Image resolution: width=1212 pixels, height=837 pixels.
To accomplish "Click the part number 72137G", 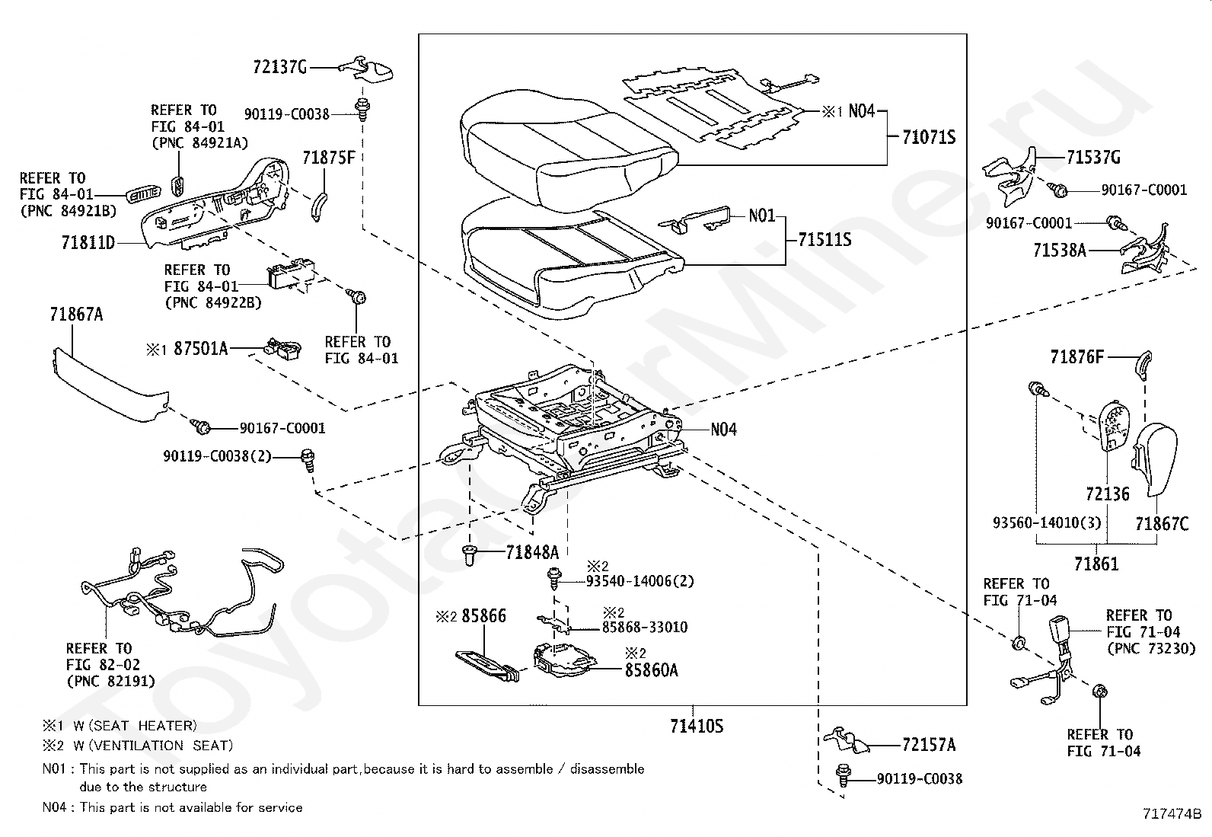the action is (x=279, y=66).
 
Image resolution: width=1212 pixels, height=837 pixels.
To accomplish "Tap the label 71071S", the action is (x=929, y=138).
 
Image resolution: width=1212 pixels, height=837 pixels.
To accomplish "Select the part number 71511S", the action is (x=824, y=239).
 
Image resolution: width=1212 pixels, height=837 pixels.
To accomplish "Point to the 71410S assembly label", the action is (x=697, y=726).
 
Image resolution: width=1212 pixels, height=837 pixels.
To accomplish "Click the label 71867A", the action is (x=76, y=314).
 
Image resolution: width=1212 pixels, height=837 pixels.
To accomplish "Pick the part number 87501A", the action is (x=200, y=349).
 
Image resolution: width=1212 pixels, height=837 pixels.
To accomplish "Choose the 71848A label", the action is (x=532, y=552).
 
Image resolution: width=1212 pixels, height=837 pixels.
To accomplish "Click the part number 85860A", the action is (x=651, y=670).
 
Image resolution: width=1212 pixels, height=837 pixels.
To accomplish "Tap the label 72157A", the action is (x=929, y=745).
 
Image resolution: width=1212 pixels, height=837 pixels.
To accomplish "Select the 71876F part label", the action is (x=1076, y=357).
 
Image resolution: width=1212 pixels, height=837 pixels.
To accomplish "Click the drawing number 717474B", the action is (x=1172, y=813).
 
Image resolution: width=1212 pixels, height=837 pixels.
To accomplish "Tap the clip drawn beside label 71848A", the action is (x=470, y=555).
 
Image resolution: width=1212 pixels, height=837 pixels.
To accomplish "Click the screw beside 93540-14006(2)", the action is (x=554, y=578).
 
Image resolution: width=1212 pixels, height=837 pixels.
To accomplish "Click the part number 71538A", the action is (x=1060, y=250).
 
